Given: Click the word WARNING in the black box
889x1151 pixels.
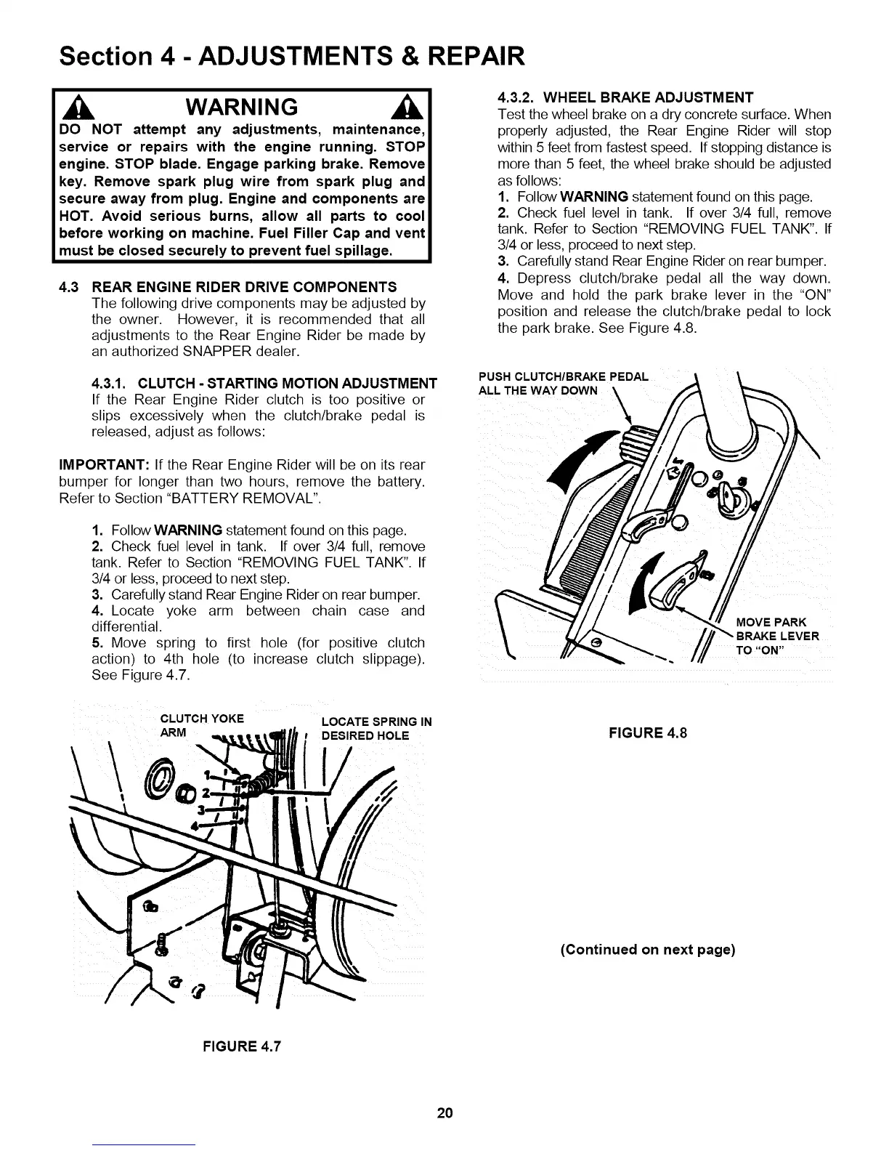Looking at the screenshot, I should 242,108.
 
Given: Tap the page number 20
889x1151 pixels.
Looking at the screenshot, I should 444,1112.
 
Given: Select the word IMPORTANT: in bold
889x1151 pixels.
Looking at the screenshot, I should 104,465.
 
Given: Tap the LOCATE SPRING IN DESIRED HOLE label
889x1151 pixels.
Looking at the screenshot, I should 376,728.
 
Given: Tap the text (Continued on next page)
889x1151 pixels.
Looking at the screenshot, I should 647,950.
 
